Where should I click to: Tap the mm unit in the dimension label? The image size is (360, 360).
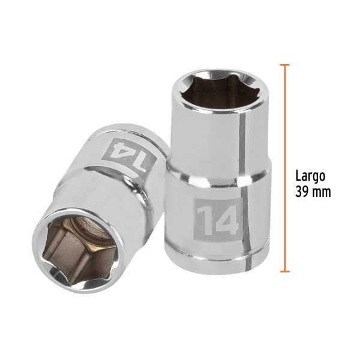click(x=322, y=193)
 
